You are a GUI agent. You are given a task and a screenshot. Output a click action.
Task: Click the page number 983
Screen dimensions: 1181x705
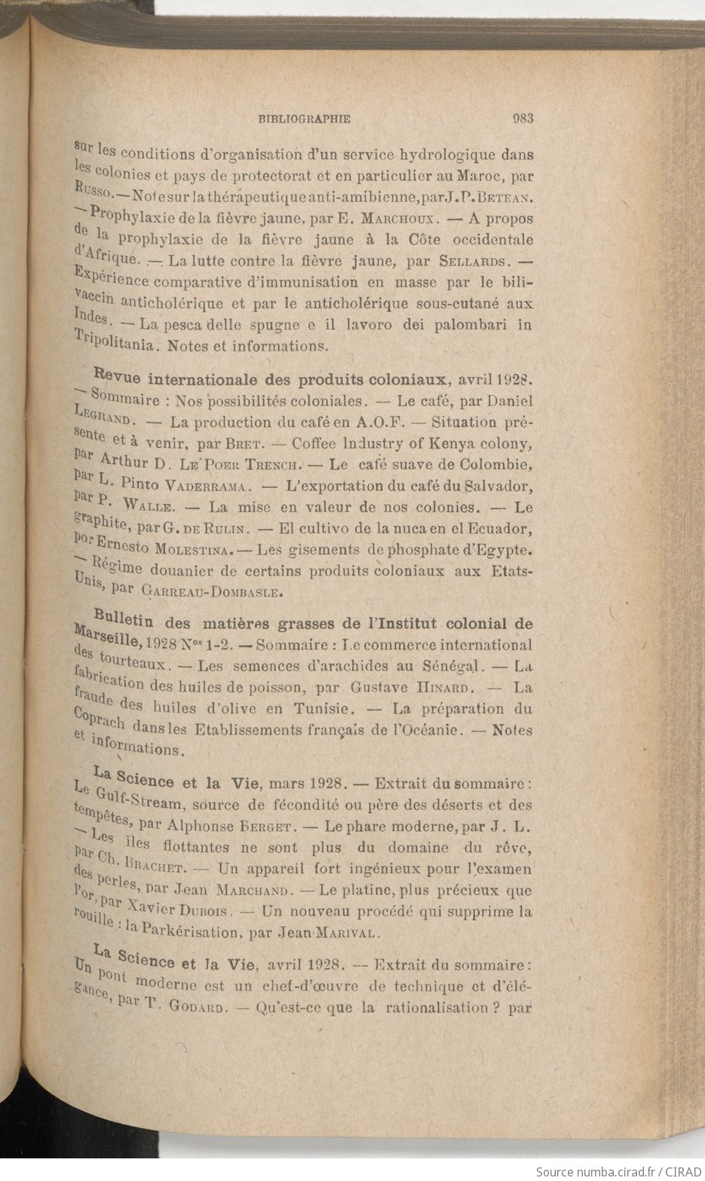click(523, 118)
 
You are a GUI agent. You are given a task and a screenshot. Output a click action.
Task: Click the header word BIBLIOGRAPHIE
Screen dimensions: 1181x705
click(304, 118)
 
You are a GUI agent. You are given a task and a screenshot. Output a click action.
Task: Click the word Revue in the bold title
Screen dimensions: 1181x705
click(115, 376)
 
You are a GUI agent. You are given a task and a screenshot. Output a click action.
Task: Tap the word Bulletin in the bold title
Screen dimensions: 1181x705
click(125, 619)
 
